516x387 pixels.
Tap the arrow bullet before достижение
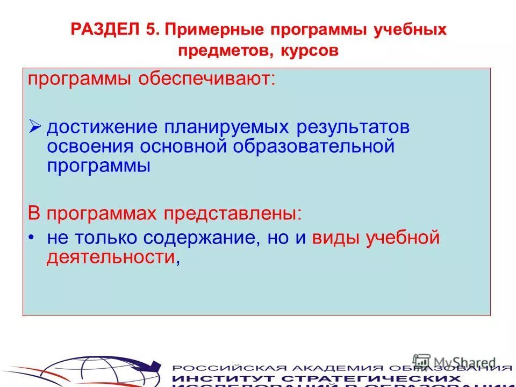click(x=35, y=127)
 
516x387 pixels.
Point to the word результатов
click(x=354, y=128)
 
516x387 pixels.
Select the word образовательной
click(x=314, y=146)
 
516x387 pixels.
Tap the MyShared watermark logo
click(x=455, y=361)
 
